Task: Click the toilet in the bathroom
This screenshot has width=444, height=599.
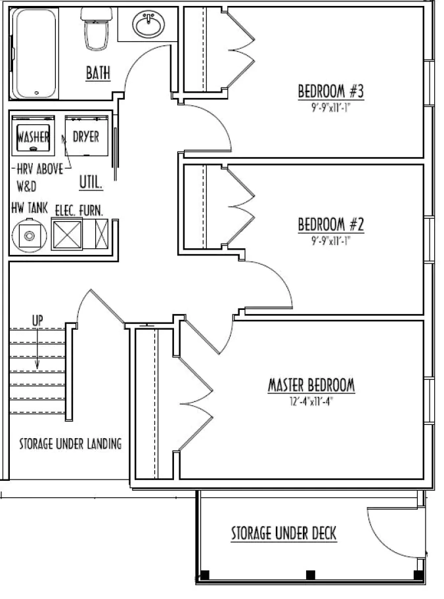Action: pyautogui.click(x=96, y=29)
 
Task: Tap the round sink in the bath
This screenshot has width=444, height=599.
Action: pyautogui.click(x=148, y=23)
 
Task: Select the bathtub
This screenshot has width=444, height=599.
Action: pyautogui.click(x=35, y=53)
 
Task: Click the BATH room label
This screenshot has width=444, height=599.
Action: pyautogui.click(x=98, y=73)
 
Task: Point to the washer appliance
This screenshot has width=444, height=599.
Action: pyautogui.click(x=33, y=135)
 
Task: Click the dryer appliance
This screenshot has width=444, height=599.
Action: pyautogui.click(x=87, y=135)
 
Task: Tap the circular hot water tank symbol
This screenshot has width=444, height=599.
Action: pyautogui.click(x=30, y=236)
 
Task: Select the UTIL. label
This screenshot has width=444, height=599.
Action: pyautogui.click(x=91, y=182)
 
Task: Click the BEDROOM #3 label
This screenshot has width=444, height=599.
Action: pyautogui.click(x=331, y=92)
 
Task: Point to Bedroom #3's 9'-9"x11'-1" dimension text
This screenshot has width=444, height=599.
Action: pyautogui.click(x=331, y=108)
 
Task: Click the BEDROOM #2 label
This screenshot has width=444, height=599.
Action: pyautogui.click(x=331, y=224)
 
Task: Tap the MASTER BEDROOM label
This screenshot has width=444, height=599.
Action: pyautogui.click(x=311, y=385)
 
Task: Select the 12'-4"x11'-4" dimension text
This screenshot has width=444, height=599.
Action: pyautogui.click(x=311, y=401)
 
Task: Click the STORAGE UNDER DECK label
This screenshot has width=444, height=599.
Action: pyautogui.click(x=284, y=533)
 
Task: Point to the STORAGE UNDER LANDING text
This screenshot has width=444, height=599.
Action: pyautogui.click(x=71, y=443)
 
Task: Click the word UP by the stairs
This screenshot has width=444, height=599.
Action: pyautogui.click(x=37, y=320)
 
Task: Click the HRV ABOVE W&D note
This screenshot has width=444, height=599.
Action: pyautogui.click(x=40, y=177)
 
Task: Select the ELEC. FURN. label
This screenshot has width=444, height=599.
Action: pyautogui.click(x=79, y=210)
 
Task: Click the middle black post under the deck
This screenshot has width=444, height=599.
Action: pyautogui.click(x=311, y=574)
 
